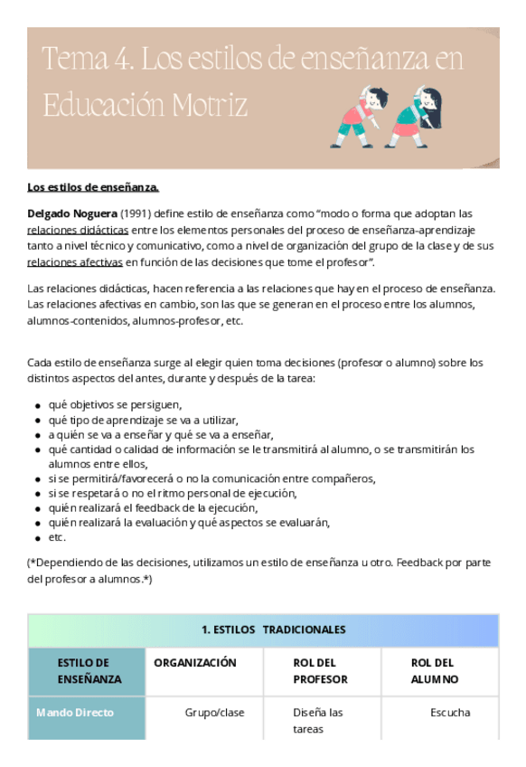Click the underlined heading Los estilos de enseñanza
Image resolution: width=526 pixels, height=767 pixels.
point(93,187)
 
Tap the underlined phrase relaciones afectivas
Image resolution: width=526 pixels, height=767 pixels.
point(75,262)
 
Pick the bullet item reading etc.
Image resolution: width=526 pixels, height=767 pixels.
point(57,537)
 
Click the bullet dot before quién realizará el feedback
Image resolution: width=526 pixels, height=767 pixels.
point(38,509)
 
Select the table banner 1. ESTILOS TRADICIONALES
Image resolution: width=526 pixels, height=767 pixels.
point(261,630)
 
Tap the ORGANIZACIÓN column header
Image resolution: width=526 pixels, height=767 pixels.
point(195,663)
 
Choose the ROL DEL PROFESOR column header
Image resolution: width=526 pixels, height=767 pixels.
point(320,671)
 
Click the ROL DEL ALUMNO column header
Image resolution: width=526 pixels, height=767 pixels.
point(434,671)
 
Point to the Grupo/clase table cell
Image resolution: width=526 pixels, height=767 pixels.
point(214,713)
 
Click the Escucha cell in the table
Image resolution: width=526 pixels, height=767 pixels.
point(450,713)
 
